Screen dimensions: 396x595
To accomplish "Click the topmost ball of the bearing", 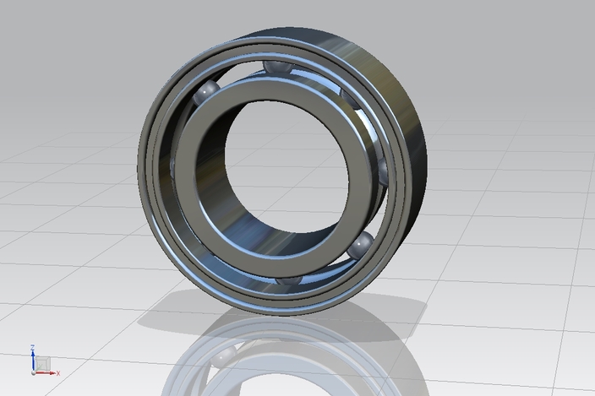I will click(x=274, y=68).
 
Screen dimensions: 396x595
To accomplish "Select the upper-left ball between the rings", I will click(x=206, y=93).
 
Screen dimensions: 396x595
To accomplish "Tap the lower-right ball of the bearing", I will click(x=361, y=246).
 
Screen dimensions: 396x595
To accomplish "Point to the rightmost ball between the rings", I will click(x=385, y=172).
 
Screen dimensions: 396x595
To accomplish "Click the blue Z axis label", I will click(x=32, y=347).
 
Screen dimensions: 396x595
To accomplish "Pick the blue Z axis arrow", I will click(x=32, y=358).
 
